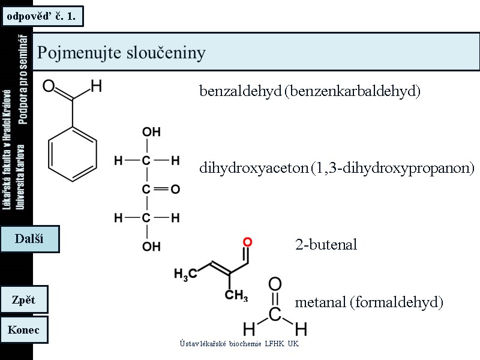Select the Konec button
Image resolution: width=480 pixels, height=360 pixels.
coord(24,329)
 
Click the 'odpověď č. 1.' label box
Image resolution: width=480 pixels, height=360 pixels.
coord(41,16)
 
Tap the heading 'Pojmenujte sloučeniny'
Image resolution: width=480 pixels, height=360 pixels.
coord(121,53)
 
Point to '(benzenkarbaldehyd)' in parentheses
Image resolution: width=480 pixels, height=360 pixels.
coord(353,91)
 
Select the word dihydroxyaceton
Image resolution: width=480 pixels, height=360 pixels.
coord(254,168)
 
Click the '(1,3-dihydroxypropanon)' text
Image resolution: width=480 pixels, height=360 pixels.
coord(393,168)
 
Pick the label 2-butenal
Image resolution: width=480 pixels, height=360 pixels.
coord(326,245)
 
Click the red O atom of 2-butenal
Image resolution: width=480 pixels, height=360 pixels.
coord(247,242)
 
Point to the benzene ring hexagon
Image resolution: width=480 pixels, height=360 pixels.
coord(72,153)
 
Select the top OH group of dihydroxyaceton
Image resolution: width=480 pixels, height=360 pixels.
coord(151,132)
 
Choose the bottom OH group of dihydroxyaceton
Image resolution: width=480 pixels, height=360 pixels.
coord(151,246)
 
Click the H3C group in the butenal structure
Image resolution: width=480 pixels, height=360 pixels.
coord(185,274)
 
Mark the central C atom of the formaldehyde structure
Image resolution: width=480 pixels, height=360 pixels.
coord(275,314)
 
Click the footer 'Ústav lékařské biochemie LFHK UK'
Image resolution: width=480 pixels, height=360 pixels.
coord(239,343)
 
